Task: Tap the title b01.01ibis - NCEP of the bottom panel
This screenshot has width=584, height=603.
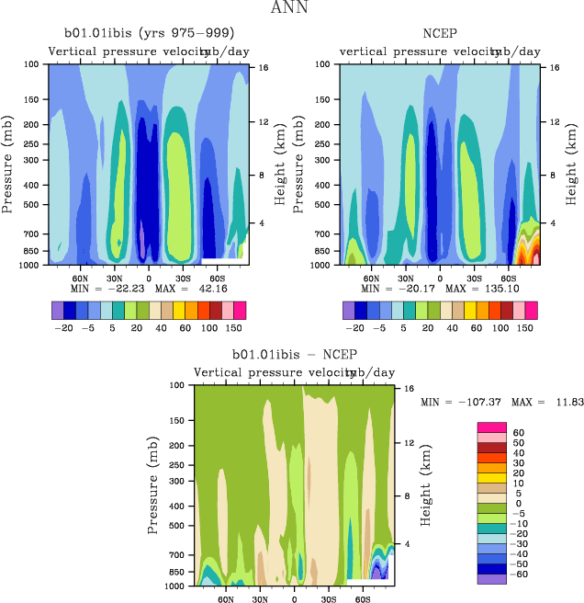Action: click(294, 354)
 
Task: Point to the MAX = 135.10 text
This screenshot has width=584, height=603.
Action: click(484, 289)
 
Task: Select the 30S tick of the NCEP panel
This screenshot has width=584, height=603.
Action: click(474, 278)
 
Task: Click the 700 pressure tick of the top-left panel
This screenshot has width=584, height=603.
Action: click(34, 234)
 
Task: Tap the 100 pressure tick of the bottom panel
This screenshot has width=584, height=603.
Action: click(180, 385)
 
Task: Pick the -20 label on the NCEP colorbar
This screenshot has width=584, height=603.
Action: click(354, 326)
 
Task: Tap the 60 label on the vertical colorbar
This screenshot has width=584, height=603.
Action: click(518, 432)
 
